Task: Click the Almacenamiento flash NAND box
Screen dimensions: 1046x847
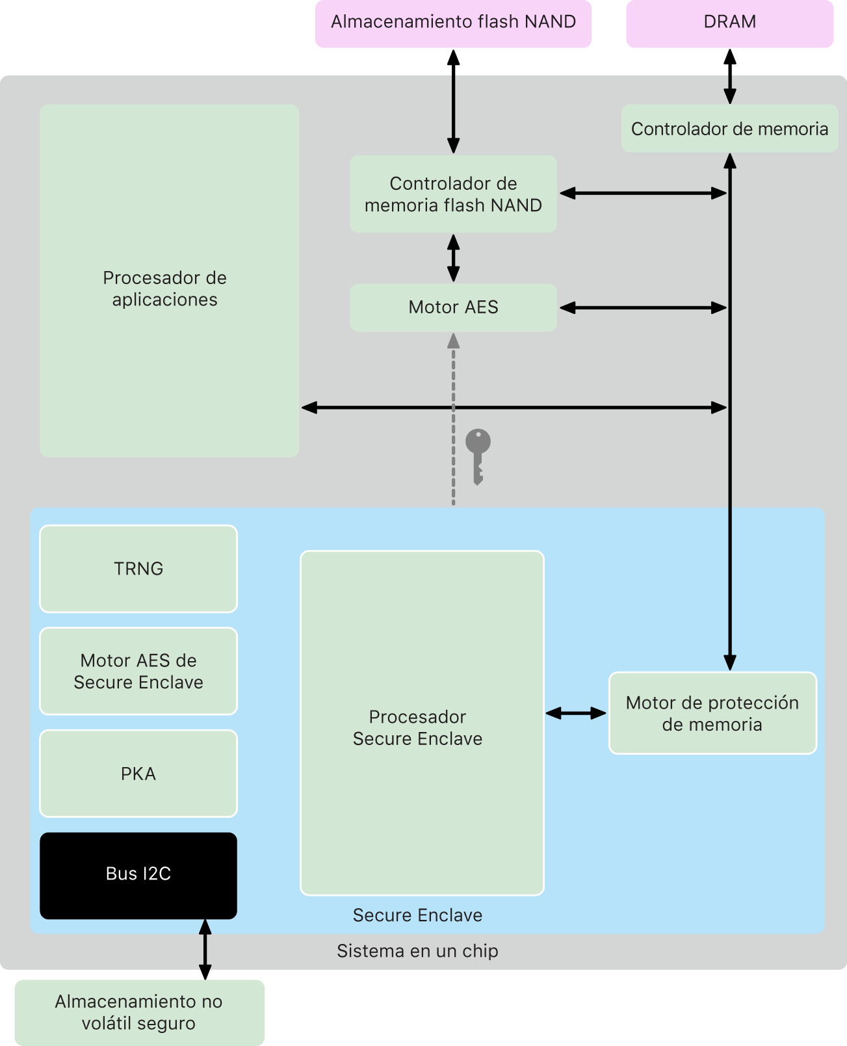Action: pyautogui.click(x=453, y=23)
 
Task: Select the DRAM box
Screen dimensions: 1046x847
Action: pyautogui.click(x=729, y=23)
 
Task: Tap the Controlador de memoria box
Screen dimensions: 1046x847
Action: pyautogui.click(x=729, y=129)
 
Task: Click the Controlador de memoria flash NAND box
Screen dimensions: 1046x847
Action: pyautogui.click(x=453, y=194)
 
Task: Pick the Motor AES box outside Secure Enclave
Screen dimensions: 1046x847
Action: pyautogui.click(x=453, y=307)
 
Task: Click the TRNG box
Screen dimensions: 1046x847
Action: pyautogui.click(x=138, y=569)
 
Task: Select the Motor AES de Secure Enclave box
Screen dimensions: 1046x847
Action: pyautogui.click(x=138, y=671)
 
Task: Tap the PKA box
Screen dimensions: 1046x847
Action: pyautogui.click(x=138, y=774)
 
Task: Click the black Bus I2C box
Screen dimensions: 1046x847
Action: pyautogui.click(x=138, y=875)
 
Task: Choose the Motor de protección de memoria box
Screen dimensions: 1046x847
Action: pyautogui.click(x=712, y=713)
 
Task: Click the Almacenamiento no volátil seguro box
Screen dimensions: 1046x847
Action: pyautogui.click(x=139, y=1012)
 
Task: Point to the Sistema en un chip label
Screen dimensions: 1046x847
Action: pyautogui.click(x=417, y=951)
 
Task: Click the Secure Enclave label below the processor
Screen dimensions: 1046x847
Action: pyautogui.click(x=417, y=915)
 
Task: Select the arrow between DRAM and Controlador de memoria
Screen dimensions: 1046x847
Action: pyautogui.click(x=730, y=76)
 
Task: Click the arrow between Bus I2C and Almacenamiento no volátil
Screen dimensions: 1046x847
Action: pyautogui.click(x=205, y=949)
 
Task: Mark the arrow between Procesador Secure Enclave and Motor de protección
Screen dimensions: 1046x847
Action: pyautogui.click(x=576, y=713)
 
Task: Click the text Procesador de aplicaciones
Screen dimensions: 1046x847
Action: pyautogui.click(x=165, y=289)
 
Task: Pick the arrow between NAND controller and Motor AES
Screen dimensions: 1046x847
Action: pyautogui.click(x=453, y=258)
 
